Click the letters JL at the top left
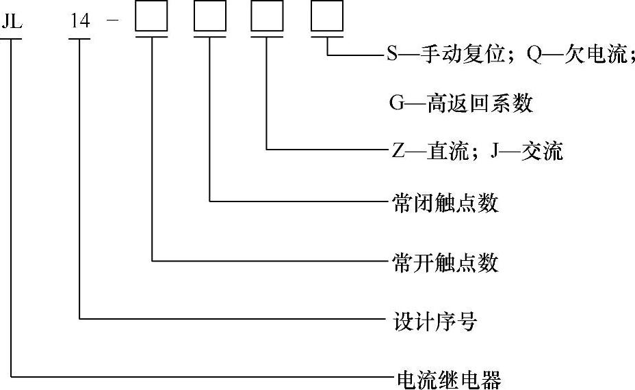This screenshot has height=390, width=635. pyautogui.click(x=12, y=20)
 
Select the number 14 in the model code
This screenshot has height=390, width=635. pyautogui.click(x=80, y=20)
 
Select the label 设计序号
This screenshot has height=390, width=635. pyautogui.click(x=435, y=321)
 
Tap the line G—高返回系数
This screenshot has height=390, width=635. pyautogui.click(x=461, y=104)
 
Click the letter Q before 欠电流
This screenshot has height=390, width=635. pyautogui.click(x=534, y=55)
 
